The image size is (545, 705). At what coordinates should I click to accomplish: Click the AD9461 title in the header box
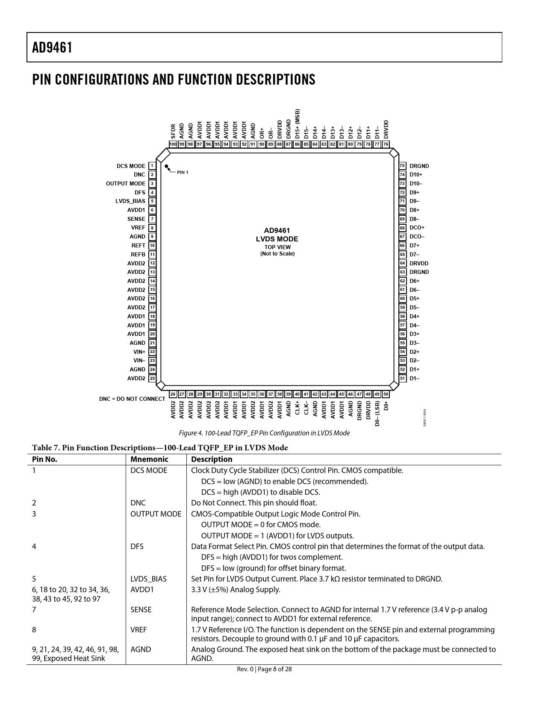click(x=52, y=48)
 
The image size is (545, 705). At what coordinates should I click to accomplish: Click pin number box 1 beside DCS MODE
click(x=152, y=166)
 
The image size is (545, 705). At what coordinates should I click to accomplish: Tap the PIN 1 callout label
click(x=183, y=172)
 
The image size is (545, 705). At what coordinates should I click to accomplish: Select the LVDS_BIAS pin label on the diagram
click(x=130, y=201)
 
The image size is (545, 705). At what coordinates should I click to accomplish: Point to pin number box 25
click(x=152, y=379)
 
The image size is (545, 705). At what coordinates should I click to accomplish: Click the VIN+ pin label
click(x=139, y=352)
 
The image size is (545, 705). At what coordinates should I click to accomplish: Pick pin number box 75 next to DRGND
click(x=402, y=166)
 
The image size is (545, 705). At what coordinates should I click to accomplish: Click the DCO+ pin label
click(x=417, y=228)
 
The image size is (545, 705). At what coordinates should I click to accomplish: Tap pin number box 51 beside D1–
click(x=402, y=379)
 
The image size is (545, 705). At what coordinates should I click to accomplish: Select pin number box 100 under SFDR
click(x=173, y=144)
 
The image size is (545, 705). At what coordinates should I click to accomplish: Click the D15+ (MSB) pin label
click(x=298, y=123)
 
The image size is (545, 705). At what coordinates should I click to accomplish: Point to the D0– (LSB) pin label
click(x=377, y=413)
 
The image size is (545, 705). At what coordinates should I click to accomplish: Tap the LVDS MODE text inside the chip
click(x=277, y=239)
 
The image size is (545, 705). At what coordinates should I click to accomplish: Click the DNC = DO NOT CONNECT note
click(x=132, y=399)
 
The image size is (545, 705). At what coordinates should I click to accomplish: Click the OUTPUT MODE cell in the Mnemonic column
click(x=156, y=514)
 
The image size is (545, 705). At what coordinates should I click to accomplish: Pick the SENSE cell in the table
click(x=141, y=610)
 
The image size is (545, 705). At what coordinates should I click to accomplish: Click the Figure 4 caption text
click(x=264, y=433)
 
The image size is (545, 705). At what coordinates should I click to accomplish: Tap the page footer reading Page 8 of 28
click(x=265, y=669)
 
